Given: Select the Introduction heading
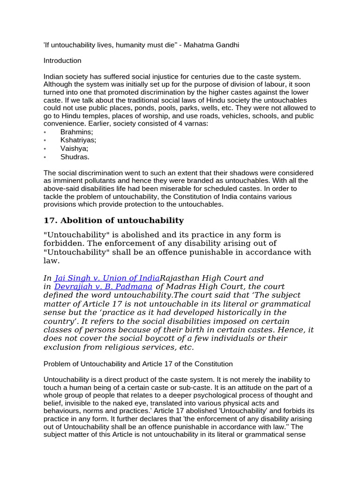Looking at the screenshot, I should click(x=62, y=60).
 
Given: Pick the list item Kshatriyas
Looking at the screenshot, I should click(x=78, y=140).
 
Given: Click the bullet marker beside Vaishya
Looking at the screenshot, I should click(x=45, y=149).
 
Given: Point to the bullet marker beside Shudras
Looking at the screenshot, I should click(x=45, y=157).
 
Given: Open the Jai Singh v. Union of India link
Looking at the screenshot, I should click(x=107, y=278).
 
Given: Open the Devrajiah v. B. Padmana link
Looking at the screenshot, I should click(x=104, y=286).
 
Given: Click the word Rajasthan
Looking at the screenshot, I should click(x=180, y=278).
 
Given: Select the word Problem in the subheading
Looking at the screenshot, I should click(x=57, y=364).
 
